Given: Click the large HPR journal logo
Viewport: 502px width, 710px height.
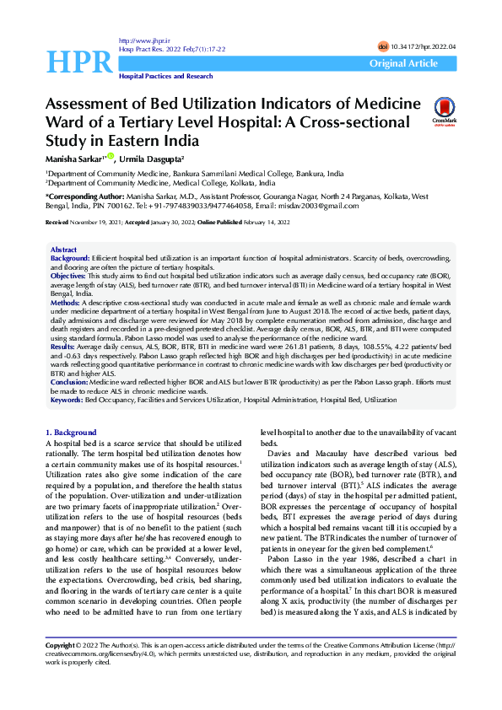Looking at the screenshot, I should (x=78, y=61).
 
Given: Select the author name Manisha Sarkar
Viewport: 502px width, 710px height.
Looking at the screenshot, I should (x=72, y=159).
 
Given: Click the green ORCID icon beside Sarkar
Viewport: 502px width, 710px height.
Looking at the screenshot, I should (x=110, y=157).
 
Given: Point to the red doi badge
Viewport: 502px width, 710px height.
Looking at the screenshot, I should (x=383, y=46).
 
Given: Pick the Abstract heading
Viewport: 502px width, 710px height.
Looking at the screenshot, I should (x=63, y=250).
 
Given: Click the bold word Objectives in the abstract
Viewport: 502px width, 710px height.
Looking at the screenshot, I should (x=67, y=276).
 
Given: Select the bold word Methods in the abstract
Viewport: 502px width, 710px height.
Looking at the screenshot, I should (x=65, y=301).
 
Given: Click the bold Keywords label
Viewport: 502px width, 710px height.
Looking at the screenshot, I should (x=67, y=400).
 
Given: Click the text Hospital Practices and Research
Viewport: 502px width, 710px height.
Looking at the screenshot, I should (x=165, y=77).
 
